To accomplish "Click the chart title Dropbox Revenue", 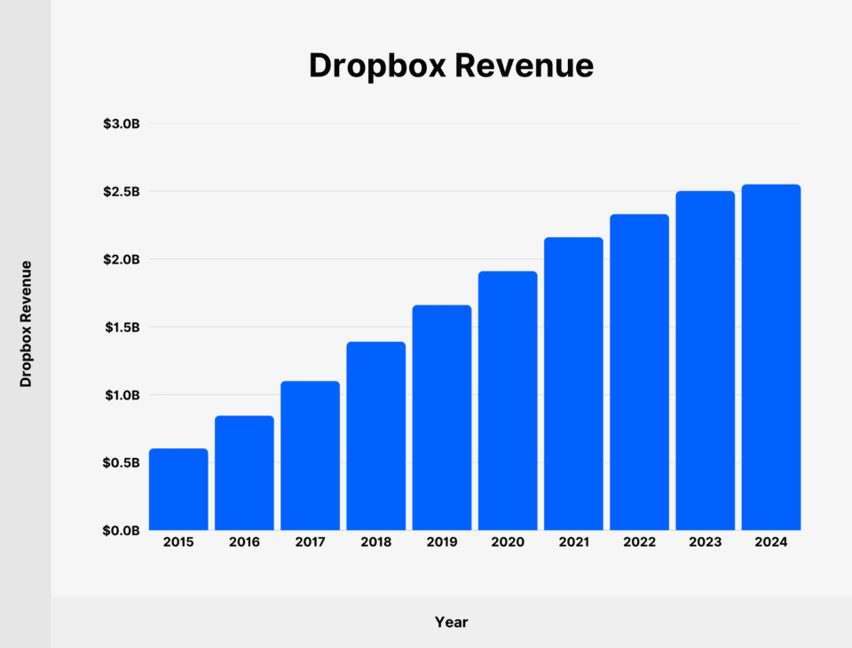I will click(x=451, y=66).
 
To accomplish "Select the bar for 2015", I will click(x=178, y=489).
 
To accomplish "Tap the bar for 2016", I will click(x=244, y=473).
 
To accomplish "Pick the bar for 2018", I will click(x=376, y=436).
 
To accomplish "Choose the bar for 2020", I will click(x=508, y=400).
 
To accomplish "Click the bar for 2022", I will click(x=639, y=372).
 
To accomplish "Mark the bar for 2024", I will click(x=771, y=357).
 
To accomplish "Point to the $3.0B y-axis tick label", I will click(x=122, y=123).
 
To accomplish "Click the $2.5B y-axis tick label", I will click(x=122, y=192).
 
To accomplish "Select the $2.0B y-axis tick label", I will click(x=122, y=259).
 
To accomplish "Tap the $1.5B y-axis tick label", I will click(x=122, y=328).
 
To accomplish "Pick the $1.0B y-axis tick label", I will click(x=122, y=395).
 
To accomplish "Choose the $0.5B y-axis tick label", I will click(x=122, y=462).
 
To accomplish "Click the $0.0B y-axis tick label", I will click(x=122, y=531).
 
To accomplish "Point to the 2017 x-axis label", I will click(x=310, y=542).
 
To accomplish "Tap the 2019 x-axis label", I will click(x=442, y=542).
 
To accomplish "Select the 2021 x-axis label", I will click(x=573, y=542).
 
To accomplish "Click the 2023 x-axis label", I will click(x=705, y=542).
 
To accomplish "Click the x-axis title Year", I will click(x=451, y=622).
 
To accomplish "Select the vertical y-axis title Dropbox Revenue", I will click(x=26, y=323).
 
